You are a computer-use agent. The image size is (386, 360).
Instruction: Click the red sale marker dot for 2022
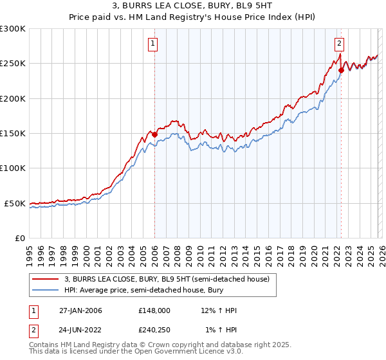click(341, 70)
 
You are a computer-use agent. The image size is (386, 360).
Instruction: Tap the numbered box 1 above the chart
click(154, 44)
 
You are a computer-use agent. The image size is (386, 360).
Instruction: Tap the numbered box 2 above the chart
click(339, 44)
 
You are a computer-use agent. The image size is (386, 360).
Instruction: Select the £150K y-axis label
click(13, 134)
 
